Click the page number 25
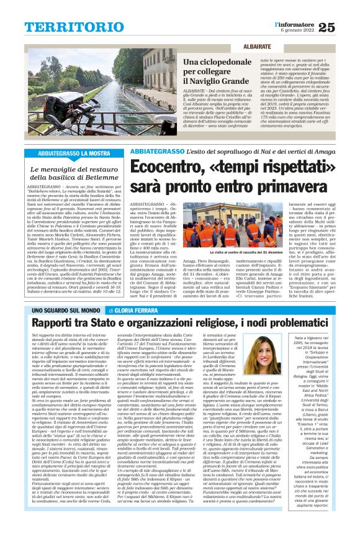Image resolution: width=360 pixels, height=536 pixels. [x=344, y=25]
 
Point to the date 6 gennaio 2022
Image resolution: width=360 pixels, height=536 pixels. [x=305, y=30]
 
